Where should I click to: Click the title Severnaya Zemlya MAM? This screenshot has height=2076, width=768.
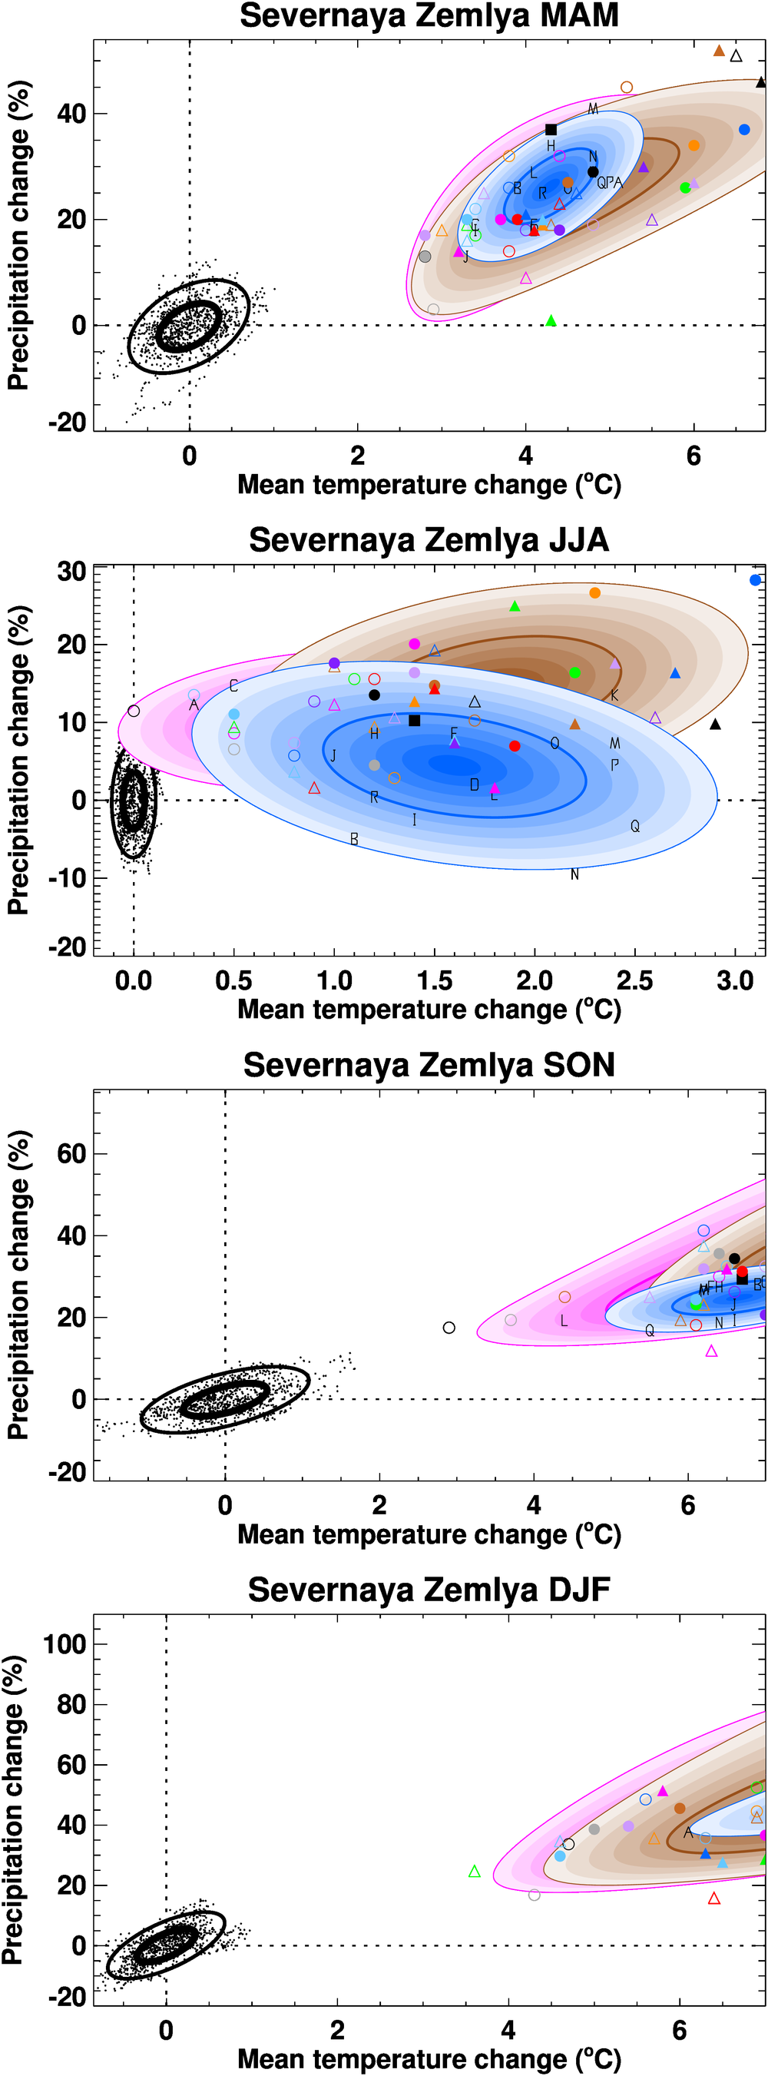coord(429,16)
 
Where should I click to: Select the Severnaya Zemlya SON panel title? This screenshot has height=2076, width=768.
coord(429,1066)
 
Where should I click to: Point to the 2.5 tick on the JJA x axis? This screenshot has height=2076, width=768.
coord(635,981)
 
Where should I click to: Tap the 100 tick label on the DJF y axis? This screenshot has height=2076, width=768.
coord(64,1644)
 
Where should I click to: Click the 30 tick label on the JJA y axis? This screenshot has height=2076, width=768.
coord(71,572)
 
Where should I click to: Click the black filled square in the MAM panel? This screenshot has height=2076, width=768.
coord(551,130)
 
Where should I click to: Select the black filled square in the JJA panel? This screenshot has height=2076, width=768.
coord(414,721)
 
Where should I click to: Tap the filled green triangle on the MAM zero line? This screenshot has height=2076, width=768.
coord(551,320)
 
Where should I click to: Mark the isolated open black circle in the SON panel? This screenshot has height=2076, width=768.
coord(449,1328)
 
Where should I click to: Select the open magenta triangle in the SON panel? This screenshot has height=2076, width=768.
coord(710,1351)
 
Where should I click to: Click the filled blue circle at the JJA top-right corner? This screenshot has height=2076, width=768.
coord(755,580)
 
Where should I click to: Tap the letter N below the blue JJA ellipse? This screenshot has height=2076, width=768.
coord(574,874)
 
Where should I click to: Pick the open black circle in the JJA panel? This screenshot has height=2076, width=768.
coord(134,711)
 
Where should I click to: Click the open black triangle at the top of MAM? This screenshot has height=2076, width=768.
coord(736,56)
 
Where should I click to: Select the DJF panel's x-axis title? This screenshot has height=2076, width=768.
coord(429,2059)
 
